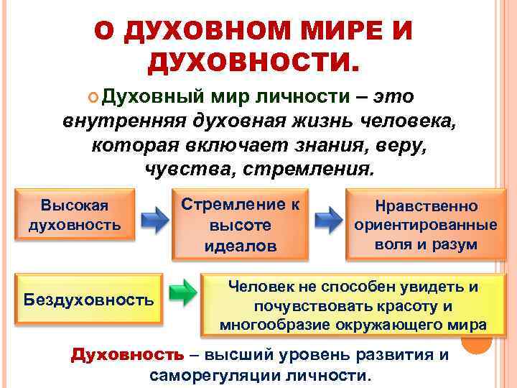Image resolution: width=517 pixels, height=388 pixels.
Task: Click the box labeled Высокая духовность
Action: (74, 214)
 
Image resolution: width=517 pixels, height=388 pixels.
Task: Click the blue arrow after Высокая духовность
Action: (153, 219)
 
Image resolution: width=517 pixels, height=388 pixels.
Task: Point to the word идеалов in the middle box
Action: (240, 245)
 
